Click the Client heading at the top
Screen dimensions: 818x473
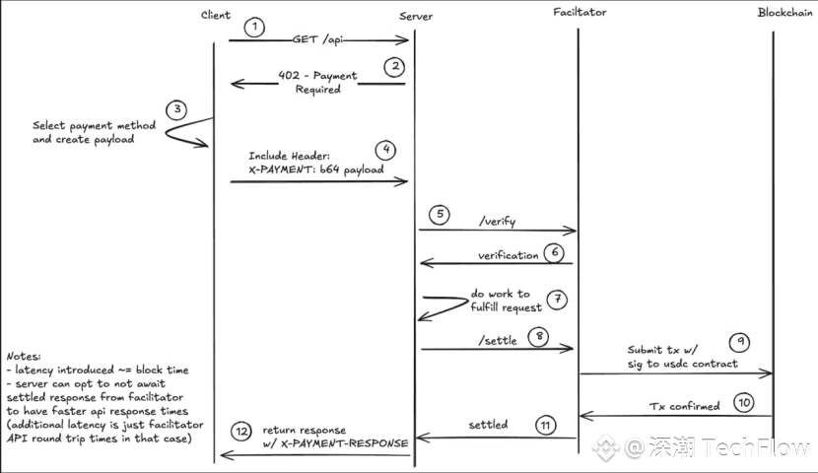216,15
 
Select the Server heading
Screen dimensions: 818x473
416,16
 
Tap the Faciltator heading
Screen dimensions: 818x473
579,12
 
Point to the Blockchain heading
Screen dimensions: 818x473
785,12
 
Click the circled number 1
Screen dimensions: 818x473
254,28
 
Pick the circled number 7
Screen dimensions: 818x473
558,300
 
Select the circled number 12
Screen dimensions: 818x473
241,432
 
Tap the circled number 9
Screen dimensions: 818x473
740,342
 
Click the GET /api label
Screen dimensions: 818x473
317,39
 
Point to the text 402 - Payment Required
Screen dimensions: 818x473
317,82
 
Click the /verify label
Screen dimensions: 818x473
497,221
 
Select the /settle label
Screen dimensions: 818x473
498,341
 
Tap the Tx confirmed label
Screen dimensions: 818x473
684,406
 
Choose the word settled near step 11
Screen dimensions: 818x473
488,425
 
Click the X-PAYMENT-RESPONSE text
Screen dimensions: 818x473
344,443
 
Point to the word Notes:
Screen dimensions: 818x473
24,356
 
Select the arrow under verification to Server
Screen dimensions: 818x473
496,263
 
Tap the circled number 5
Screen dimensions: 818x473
440,215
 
